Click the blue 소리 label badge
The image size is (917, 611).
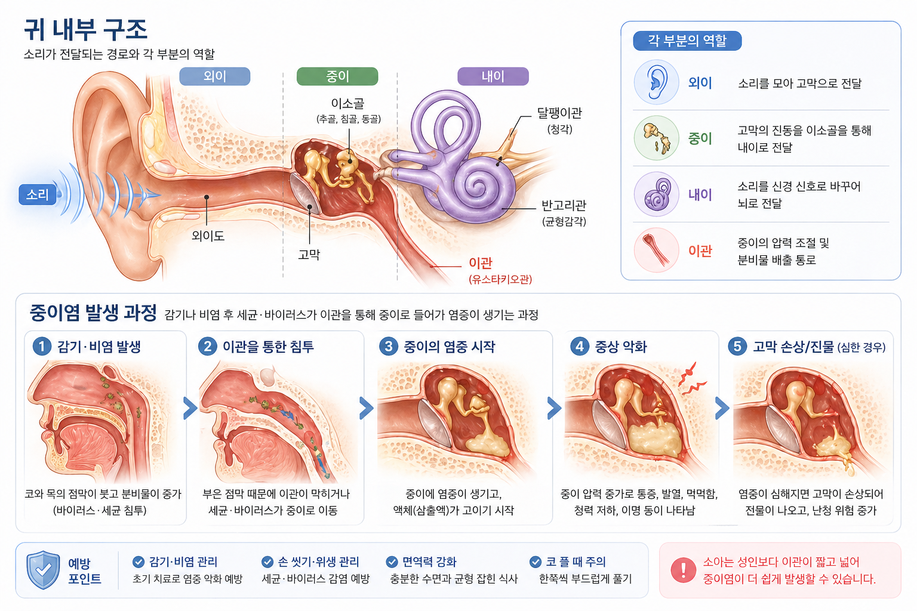tap(37, 195)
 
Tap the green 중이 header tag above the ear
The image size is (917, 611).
tap(337, 76)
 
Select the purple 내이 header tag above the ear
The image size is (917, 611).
tap(493, 76)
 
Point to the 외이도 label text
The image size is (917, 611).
tap(208, 236)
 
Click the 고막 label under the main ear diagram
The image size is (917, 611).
tap(309, 255)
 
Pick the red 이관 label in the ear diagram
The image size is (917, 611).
tap(481, 263)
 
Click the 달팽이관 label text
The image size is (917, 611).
tap(559, 113)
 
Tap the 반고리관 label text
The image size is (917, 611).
tap(564, 205)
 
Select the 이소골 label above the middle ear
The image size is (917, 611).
tap(347, 104)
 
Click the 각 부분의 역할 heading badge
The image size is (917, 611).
tap(687, 41)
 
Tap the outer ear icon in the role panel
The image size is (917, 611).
tap(656, 82)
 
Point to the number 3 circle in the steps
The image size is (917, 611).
tap(389, 347)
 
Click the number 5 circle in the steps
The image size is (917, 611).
tap(737, 347)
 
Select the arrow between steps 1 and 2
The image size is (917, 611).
tap(190, 408)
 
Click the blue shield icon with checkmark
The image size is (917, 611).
tap(43, 570)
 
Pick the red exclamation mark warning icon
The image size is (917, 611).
tap(683, 570)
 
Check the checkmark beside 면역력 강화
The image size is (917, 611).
tap(392, 562)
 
